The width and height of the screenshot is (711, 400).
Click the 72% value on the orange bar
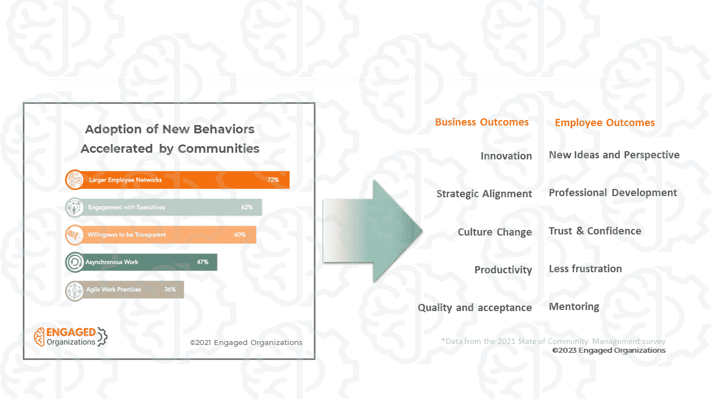point(273,180)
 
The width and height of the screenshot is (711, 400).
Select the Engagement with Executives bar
point(163,207)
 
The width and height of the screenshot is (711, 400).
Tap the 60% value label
point(240,234)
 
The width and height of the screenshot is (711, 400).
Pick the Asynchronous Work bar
point(141,262)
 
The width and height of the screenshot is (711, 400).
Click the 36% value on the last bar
point(170,289)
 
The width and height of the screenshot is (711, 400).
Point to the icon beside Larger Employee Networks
point(74,180)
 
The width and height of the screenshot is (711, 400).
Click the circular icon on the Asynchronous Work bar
point(74,262)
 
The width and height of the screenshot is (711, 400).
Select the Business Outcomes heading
point(482,122)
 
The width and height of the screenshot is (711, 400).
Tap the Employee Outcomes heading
point(604,123)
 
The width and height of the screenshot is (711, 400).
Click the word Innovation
point(506,156)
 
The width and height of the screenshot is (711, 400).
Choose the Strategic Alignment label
point(484,194)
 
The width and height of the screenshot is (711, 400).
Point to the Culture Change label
point(494,232)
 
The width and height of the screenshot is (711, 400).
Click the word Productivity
point(503,270)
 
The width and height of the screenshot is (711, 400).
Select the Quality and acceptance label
point(474,308)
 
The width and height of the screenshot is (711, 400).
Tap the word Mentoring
point(574,307)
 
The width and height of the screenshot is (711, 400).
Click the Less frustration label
point(585,269)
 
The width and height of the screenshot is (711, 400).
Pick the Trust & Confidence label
point(595,231)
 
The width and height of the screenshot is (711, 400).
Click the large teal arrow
point(372,231)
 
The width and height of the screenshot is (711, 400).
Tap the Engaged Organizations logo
point(71,337)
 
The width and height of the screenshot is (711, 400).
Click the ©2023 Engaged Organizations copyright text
point(608,351)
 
